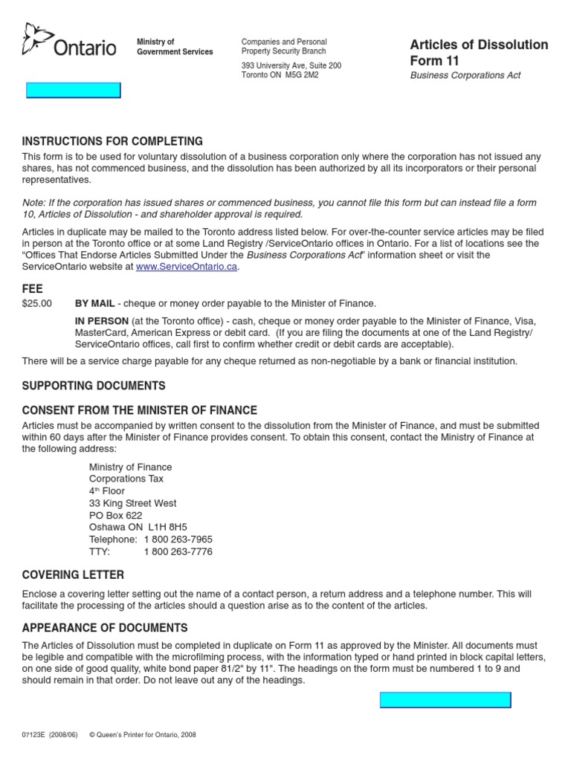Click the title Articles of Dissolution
point(479,45)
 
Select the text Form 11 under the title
point(434,61)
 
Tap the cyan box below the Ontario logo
point(73,91)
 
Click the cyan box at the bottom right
point(445,700)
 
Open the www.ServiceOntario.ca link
point(186,267)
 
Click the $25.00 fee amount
point(37,303)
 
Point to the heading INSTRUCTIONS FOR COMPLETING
point(112,141)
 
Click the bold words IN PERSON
point(102,320)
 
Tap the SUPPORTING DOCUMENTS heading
point(94,386)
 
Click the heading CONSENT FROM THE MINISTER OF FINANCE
point(140,410)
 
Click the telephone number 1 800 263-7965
point(178,540)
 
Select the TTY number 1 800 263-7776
point(178,552)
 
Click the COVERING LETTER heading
point(73,575)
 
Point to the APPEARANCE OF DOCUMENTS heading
point(105,628)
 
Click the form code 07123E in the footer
point(35,735)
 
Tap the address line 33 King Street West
point(132,503)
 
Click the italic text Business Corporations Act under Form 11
point(465,76)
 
